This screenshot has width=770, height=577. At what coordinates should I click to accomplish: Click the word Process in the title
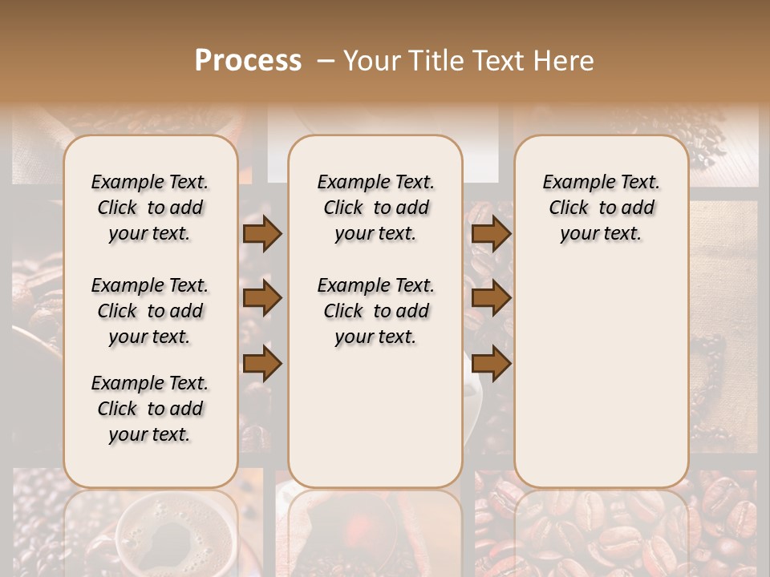click(248, 61)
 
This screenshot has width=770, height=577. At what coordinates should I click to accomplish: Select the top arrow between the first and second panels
click(262, 233)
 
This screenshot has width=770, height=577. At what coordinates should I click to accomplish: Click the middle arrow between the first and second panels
click(262, 298)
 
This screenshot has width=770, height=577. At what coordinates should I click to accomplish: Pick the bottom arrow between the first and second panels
click(262, 363)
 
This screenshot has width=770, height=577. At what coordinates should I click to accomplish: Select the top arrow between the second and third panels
click(491, 233)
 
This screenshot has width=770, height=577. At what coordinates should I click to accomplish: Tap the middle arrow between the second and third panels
click(491, 298)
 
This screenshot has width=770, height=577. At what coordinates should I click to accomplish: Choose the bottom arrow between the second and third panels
click(491, 363)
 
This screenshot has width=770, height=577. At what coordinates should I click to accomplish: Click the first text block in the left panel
click(150, 208)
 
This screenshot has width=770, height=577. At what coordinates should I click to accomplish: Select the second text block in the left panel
click(150, 311)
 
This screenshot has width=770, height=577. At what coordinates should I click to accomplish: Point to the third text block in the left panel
click(150, 409)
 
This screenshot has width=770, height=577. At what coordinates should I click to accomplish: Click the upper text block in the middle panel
click(375, 208)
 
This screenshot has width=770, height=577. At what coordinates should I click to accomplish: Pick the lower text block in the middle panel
click(375, 311)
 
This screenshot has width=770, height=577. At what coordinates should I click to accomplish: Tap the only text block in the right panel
click(602, 208)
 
